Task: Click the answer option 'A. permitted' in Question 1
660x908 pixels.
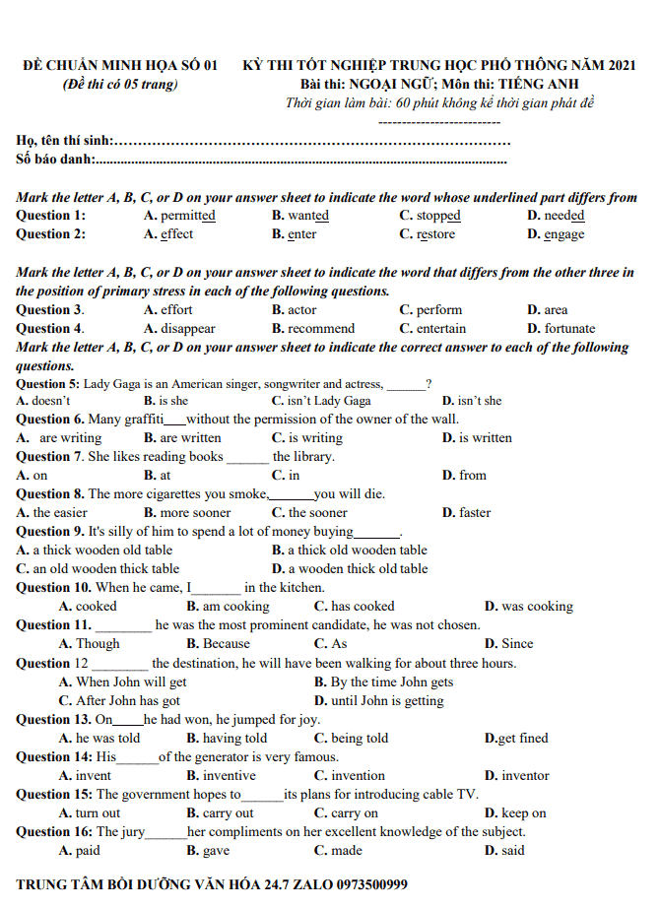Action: (x=179, y=216)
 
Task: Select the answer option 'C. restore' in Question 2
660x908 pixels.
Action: (x=428, y=234)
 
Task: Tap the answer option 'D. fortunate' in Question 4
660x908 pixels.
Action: (x=561, y=329)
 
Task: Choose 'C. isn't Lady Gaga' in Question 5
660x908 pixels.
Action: (x=321, y=401)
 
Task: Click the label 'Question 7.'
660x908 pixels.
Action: (x=43, y=457)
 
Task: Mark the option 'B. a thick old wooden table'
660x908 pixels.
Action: (x=350, y=551)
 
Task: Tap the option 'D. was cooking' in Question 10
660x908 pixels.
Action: (x=528, y=607)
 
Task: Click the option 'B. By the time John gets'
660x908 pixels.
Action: (x=383, y=682)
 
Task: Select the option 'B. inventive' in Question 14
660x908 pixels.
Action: (x=222, y=776)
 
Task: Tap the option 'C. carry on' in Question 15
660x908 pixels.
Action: (x=346, y=813)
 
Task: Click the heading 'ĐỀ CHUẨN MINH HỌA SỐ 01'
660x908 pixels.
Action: (x=119, y=65)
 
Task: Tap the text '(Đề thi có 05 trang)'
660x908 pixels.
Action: (x=119, y=84)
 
